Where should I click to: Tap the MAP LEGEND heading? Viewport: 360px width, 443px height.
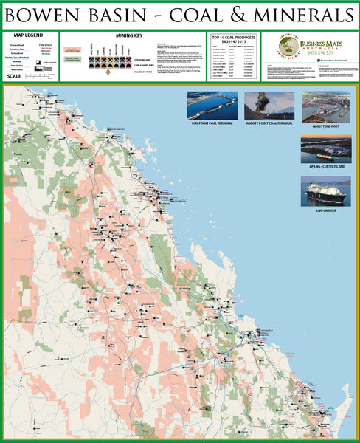[28, 35]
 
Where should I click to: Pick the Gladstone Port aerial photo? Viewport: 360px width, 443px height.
[325, 106]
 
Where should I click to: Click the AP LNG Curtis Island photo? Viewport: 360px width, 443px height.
[325, 148]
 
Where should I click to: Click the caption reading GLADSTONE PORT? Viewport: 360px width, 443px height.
[325, 126]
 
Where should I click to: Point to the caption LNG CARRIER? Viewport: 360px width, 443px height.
[325, 210]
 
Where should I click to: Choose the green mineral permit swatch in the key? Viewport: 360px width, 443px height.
[72, 58]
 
